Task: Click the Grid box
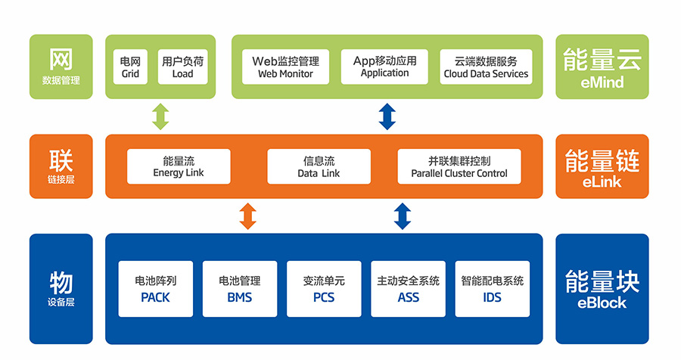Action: pos(130,67)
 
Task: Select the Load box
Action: pos(182,67)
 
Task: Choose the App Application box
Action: pos(384,67)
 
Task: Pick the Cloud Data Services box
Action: pos(486,67)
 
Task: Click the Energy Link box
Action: pos(179,166)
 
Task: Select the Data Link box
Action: pos(319,166)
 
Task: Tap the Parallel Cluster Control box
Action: pos(459,166)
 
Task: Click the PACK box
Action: pos(156,289)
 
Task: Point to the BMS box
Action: pos(240,289)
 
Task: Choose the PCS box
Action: pos(324,289)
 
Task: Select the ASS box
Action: pos(408,289)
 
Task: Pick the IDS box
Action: pos(492,289)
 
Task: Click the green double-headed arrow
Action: pos(160,116)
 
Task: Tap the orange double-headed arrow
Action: pos(247,215)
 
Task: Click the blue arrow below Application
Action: pos(387,116)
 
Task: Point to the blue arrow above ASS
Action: pos(403,215)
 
